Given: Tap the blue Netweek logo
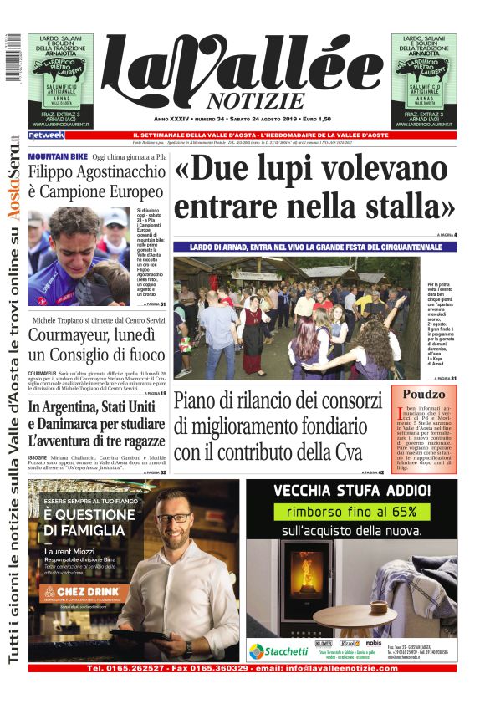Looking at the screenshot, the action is [x=46, y=135].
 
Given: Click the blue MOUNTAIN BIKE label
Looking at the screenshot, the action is [x=58, y=156].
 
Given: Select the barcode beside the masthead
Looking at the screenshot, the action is [x=11, y=58].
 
